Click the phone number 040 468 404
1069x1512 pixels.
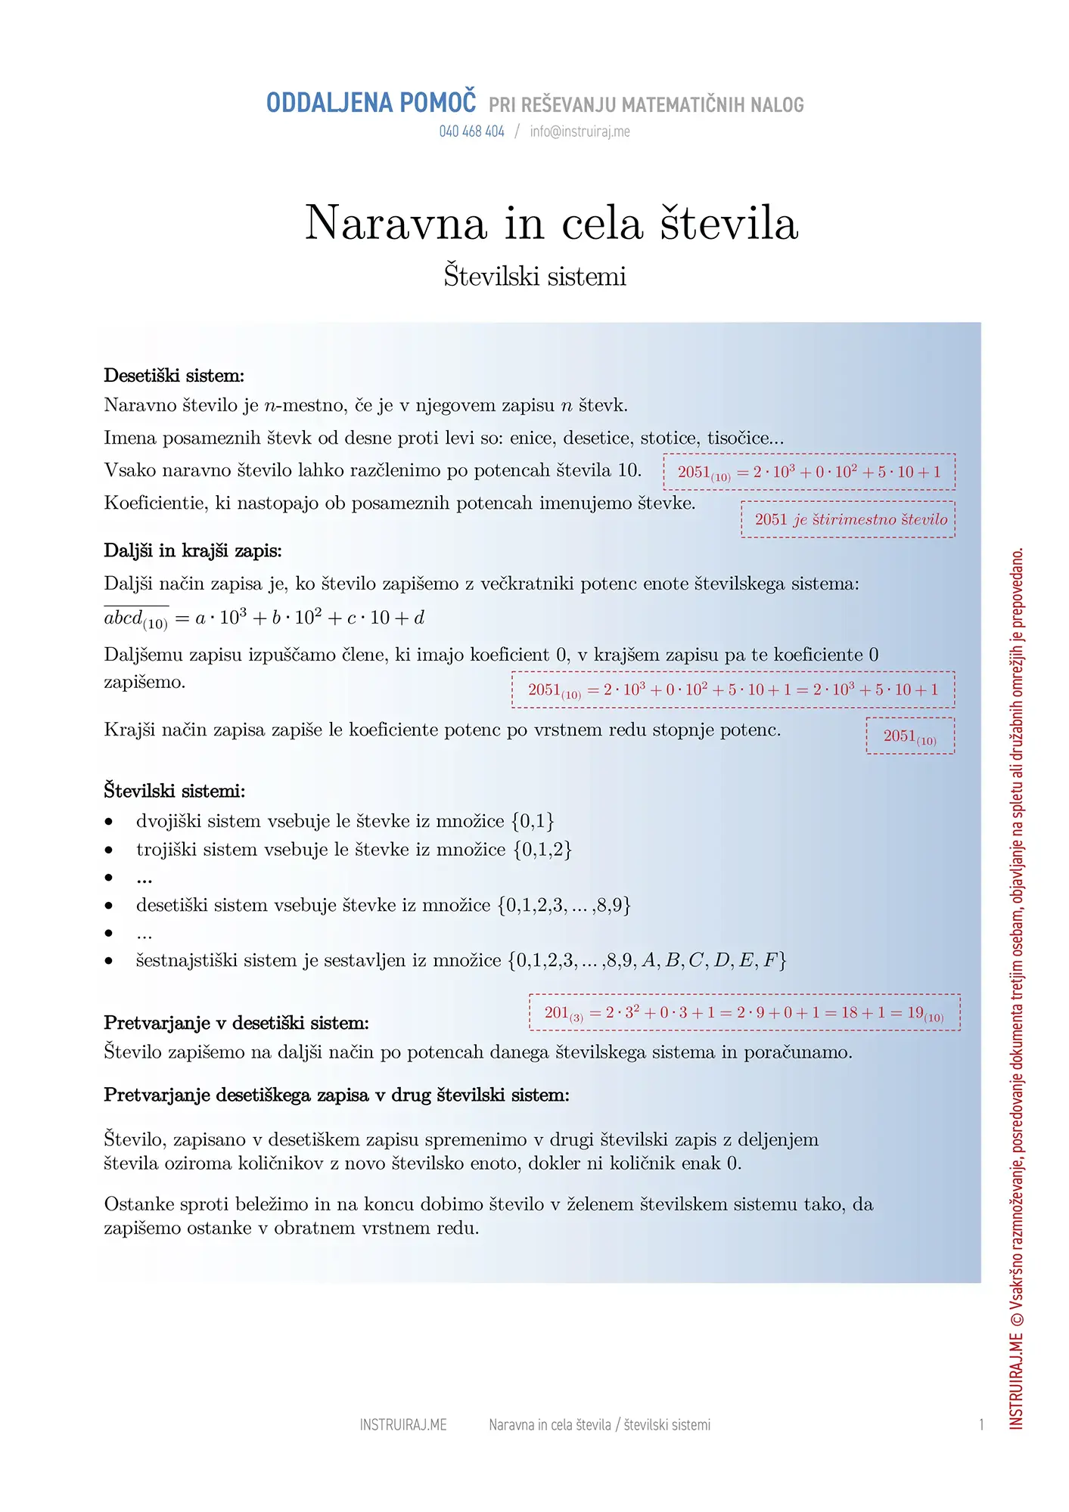[471, 132]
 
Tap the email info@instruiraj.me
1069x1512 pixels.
[580, 132]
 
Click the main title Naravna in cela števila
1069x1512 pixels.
[552, 223]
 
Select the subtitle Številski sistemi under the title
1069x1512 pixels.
[535, 276]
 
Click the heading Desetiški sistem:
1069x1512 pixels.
[174, 376]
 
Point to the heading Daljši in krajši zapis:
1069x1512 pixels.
[193, 551]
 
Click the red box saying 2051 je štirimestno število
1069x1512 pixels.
[848, 519]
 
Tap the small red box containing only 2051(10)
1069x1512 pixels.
[910, 736]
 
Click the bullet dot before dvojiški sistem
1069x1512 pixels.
[110, 822]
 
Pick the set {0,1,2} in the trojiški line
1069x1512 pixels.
[542, 850]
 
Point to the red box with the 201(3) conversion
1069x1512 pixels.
[744, 1013]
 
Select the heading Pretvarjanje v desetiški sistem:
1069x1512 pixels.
[236, 1024]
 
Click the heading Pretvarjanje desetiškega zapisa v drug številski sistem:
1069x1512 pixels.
[337, 1095]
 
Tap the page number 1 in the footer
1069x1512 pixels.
[981, 1425]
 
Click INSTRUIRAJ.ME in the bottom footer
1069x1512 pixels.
[403, 1425]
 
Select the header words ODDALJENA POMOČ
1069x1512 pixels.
[371, 103]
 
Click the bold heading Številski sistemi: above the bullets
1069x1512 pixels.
[175, 792]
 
